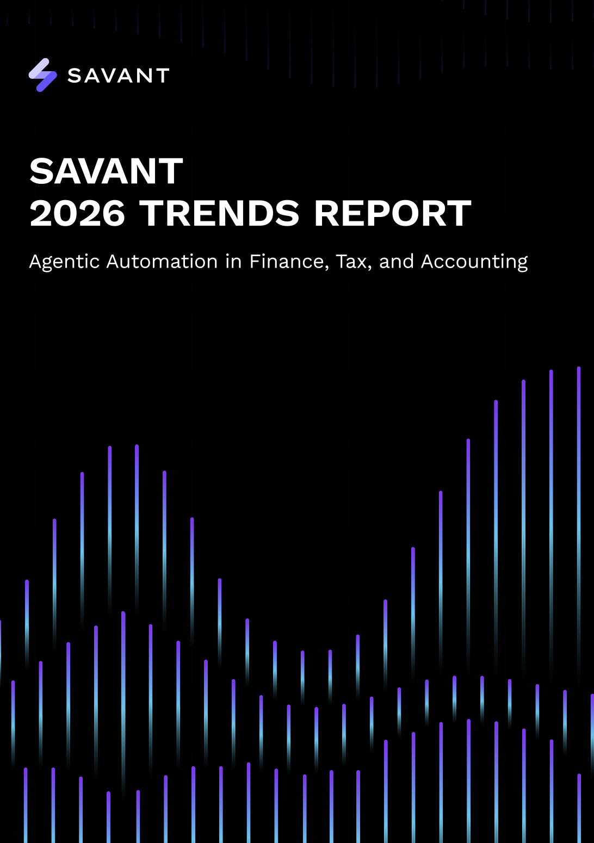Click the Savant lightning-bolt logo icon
pyautogui.click(x=42, y=75)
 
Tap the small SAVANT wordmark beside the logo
pyautogui.click(x=118, y=76)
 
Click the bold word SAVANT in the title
pyautogui.click(x=106, y=171)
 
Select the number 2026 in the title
pyautogui.click(x=77, y=213)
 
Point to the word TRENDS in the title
pyautogui.click(x=219, y=213)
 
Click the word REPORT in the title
pyautogui.click(x=392, y=213)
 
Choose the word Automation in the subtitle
pyautogui.click(x=162, y=262)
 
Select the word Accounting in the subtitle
pyautogui.click(x=474, y=262)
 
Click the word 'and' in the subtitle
pyautogui.click(x=397, y=262)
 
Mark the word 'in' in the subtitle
pyautogui.click(x=233, y=262)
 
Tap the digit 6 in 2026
pyautogui.click(x=113, y=213)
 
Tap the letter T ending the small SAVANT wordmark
pyautogui.click(x=162, y=76)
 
